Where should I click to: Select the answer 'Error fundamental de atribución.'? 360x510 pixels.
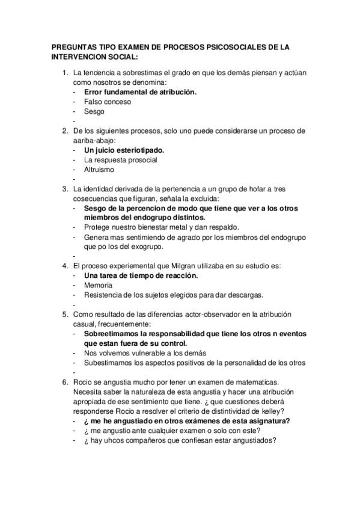tap(140, 92)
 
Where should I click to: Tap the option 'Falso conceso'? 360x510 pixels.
tap(108, 102)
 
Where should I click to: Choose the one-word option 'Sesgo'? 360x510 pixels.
tap(94, 111)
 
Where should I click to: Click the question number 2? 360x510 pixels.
tap(65, 131)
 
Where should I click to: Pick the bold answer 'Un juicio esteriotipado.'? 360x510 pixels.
tap(124, 150)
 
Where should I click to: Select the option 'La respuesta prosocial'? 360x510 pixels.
tap(120, 159)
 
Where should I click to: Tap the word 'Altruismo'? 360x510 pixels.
tap(101, 169)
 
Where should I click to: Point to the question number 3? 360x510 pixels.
tap(65, 189)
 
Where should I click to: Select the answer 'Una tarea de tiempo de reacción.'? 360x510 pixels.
tap(141, 275)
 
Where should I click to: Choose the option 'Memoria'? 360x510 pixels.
tap(99, 285)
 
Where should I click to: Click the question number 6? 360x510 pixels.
tap(65, 382)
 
